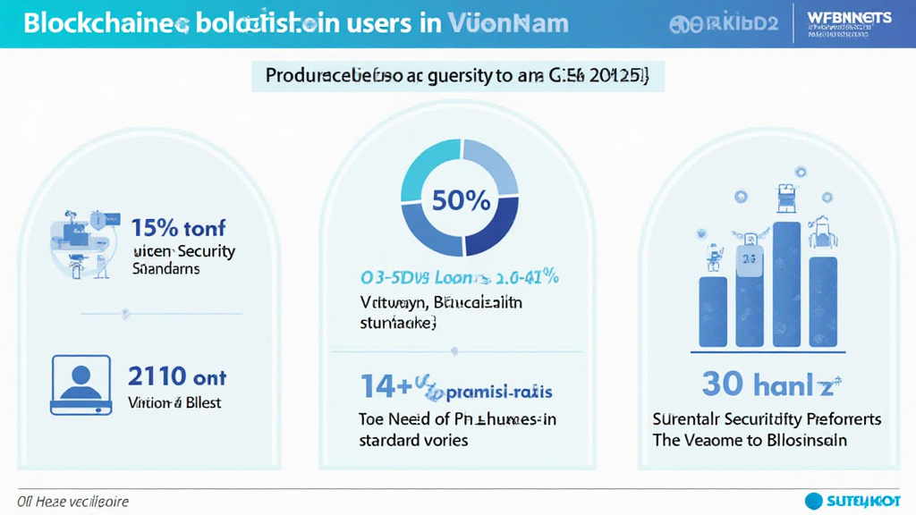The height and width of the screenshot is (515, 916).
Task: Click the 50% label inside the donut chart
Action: [461, 200]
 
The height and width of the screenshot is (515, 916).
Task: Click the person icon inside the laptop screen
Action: [81, 381]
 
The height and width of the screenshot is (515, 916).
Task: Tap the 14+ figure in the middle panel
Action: [386, 386]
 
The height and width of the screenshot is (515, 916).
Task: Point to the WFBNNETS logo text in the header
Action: [849, 18]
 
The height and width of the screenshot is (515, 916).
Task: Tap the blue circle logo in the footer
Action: [814, 501]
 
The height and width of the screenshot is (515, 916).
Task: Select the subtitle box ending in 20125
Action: [457, 76]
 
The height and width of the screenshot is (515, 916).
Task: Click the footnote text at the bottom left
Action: [73, 501]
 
